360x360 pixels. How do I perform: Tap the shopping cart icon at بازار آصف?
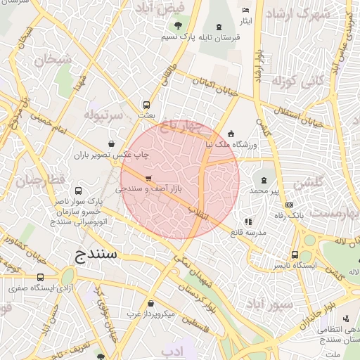point(148,179)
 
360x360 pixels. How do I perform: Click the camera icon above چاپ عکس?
point(112,143)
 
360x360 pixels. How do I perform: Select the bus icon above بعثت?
point(146,105)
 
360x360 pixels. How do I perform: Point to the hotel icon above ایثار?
point(245,11)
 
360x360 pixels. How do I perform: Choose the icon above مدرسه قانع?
point(247,222)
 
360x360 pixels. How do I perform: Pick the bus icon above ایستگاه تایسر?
point(295,255)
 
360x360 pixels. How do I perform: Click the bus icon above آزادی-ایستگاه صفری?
point(40,277)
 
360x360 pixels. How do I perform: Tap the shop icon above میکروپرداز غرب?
point(151,304)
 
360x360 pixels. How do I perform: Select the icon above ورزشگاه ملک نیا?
point(231,134)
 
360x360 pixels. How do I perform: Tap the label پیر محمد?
point(264,191)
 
